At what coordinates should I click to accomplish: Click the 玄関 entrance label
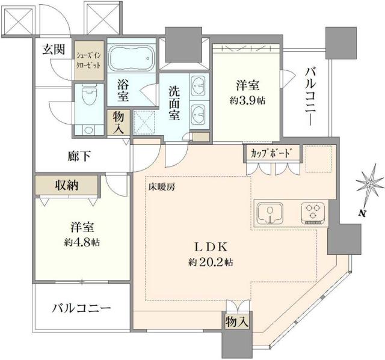(x=54, y=49)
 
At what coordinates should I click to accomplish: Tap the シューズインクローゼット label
(x=89, y=60)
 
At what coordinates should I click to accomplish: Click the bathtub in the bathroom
(x=132, y=58)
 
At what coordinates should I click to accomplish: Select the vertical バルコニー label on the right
(x=310, y=96)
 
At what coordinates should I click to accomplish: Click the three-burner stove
(x=313, y=212)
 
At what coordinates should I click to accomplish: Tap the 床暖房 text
(x=162, y=187)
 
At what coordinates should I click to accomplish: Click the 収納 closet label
(x=66, y=185)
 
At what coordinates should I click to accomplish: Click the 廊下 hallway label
(x=78, y=156)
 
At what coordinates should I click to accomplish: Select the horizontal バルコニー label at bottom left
(x=81, y=308)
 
